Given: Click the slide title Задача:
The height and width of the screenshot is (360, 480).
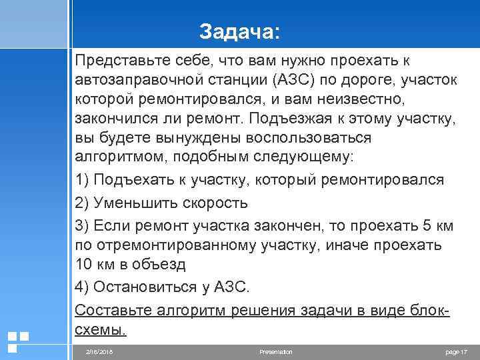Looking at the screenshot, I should [240, 32].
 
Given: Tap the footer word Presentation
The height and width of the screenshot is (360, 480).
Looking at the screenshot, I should [277, 351].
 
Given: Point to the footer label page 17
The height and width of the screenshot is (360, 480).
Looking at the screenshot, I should [457, 351].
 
